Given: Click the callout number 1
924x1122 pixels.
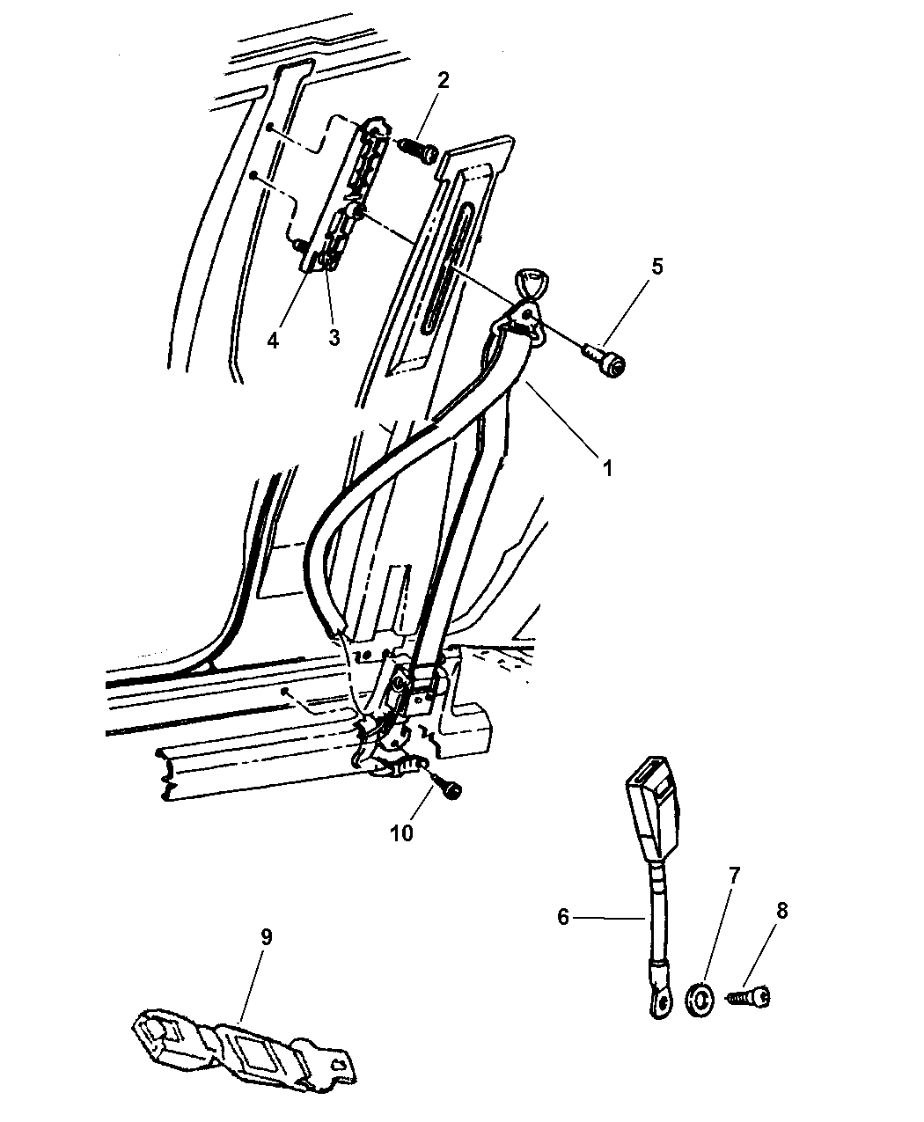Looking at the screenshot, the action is coord(607,468).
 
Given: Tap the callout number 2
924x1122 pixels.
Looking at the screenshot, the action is coord(443,80).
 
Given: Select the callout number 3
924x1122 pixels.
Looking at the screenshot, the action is coord(334,337).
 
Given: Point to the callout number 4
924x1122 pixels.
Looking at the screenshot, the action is coord(273,340).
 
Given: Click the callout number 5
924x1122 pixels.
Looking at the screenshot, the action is coord(656,267).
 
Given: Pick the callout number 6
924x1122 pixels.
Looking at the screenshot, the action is coord(563,917).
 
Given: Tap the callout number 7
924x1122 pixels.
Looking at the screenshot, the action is coord(734,876).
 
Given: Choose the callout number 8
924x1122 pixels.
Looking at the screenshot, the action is coord(781,912).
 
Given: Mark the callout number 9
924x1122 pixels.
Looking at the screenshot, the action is coord(266,936).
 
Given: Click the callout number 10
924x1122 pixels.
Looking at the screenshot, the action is coord(402,832).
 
